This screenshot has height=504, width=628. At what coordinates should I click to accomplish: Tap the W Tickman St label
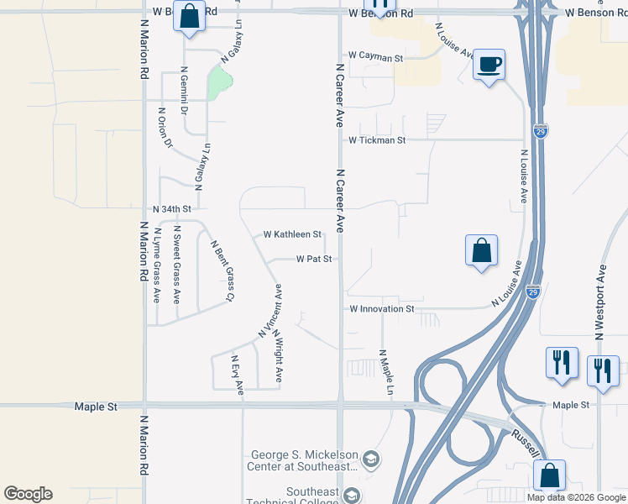point(377,140)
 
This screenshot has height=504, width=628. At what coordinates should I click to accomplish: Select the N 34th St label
point(172,208)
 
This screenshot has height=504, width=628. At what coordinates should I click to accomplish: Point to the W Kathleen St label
point(292,234)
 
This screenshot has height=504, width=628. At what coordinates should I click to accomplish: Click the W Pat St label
point(315,260)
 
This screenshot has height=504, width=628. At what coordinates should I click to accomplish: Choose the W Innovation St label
point(382,309)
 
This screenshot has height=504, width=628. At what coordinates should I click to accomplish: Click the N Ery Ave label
point(238,375)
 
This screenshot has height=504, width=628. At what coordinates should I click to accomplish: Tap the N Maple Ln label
point(385,372)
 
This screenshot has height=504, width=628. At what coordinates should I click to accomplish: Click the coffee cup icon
point(489,64)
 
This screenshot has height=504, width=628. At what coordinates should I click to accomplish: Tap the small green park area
point(219,81)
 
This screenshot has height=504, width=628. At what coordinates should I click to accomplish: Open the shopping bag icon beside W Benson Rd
point(189,16)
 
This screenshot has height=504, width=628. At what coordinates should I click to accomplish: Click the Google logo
point(28,494)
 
